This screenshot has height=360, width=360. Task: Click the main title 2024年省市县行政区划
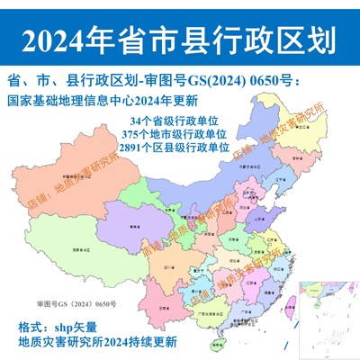(180, 40)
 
